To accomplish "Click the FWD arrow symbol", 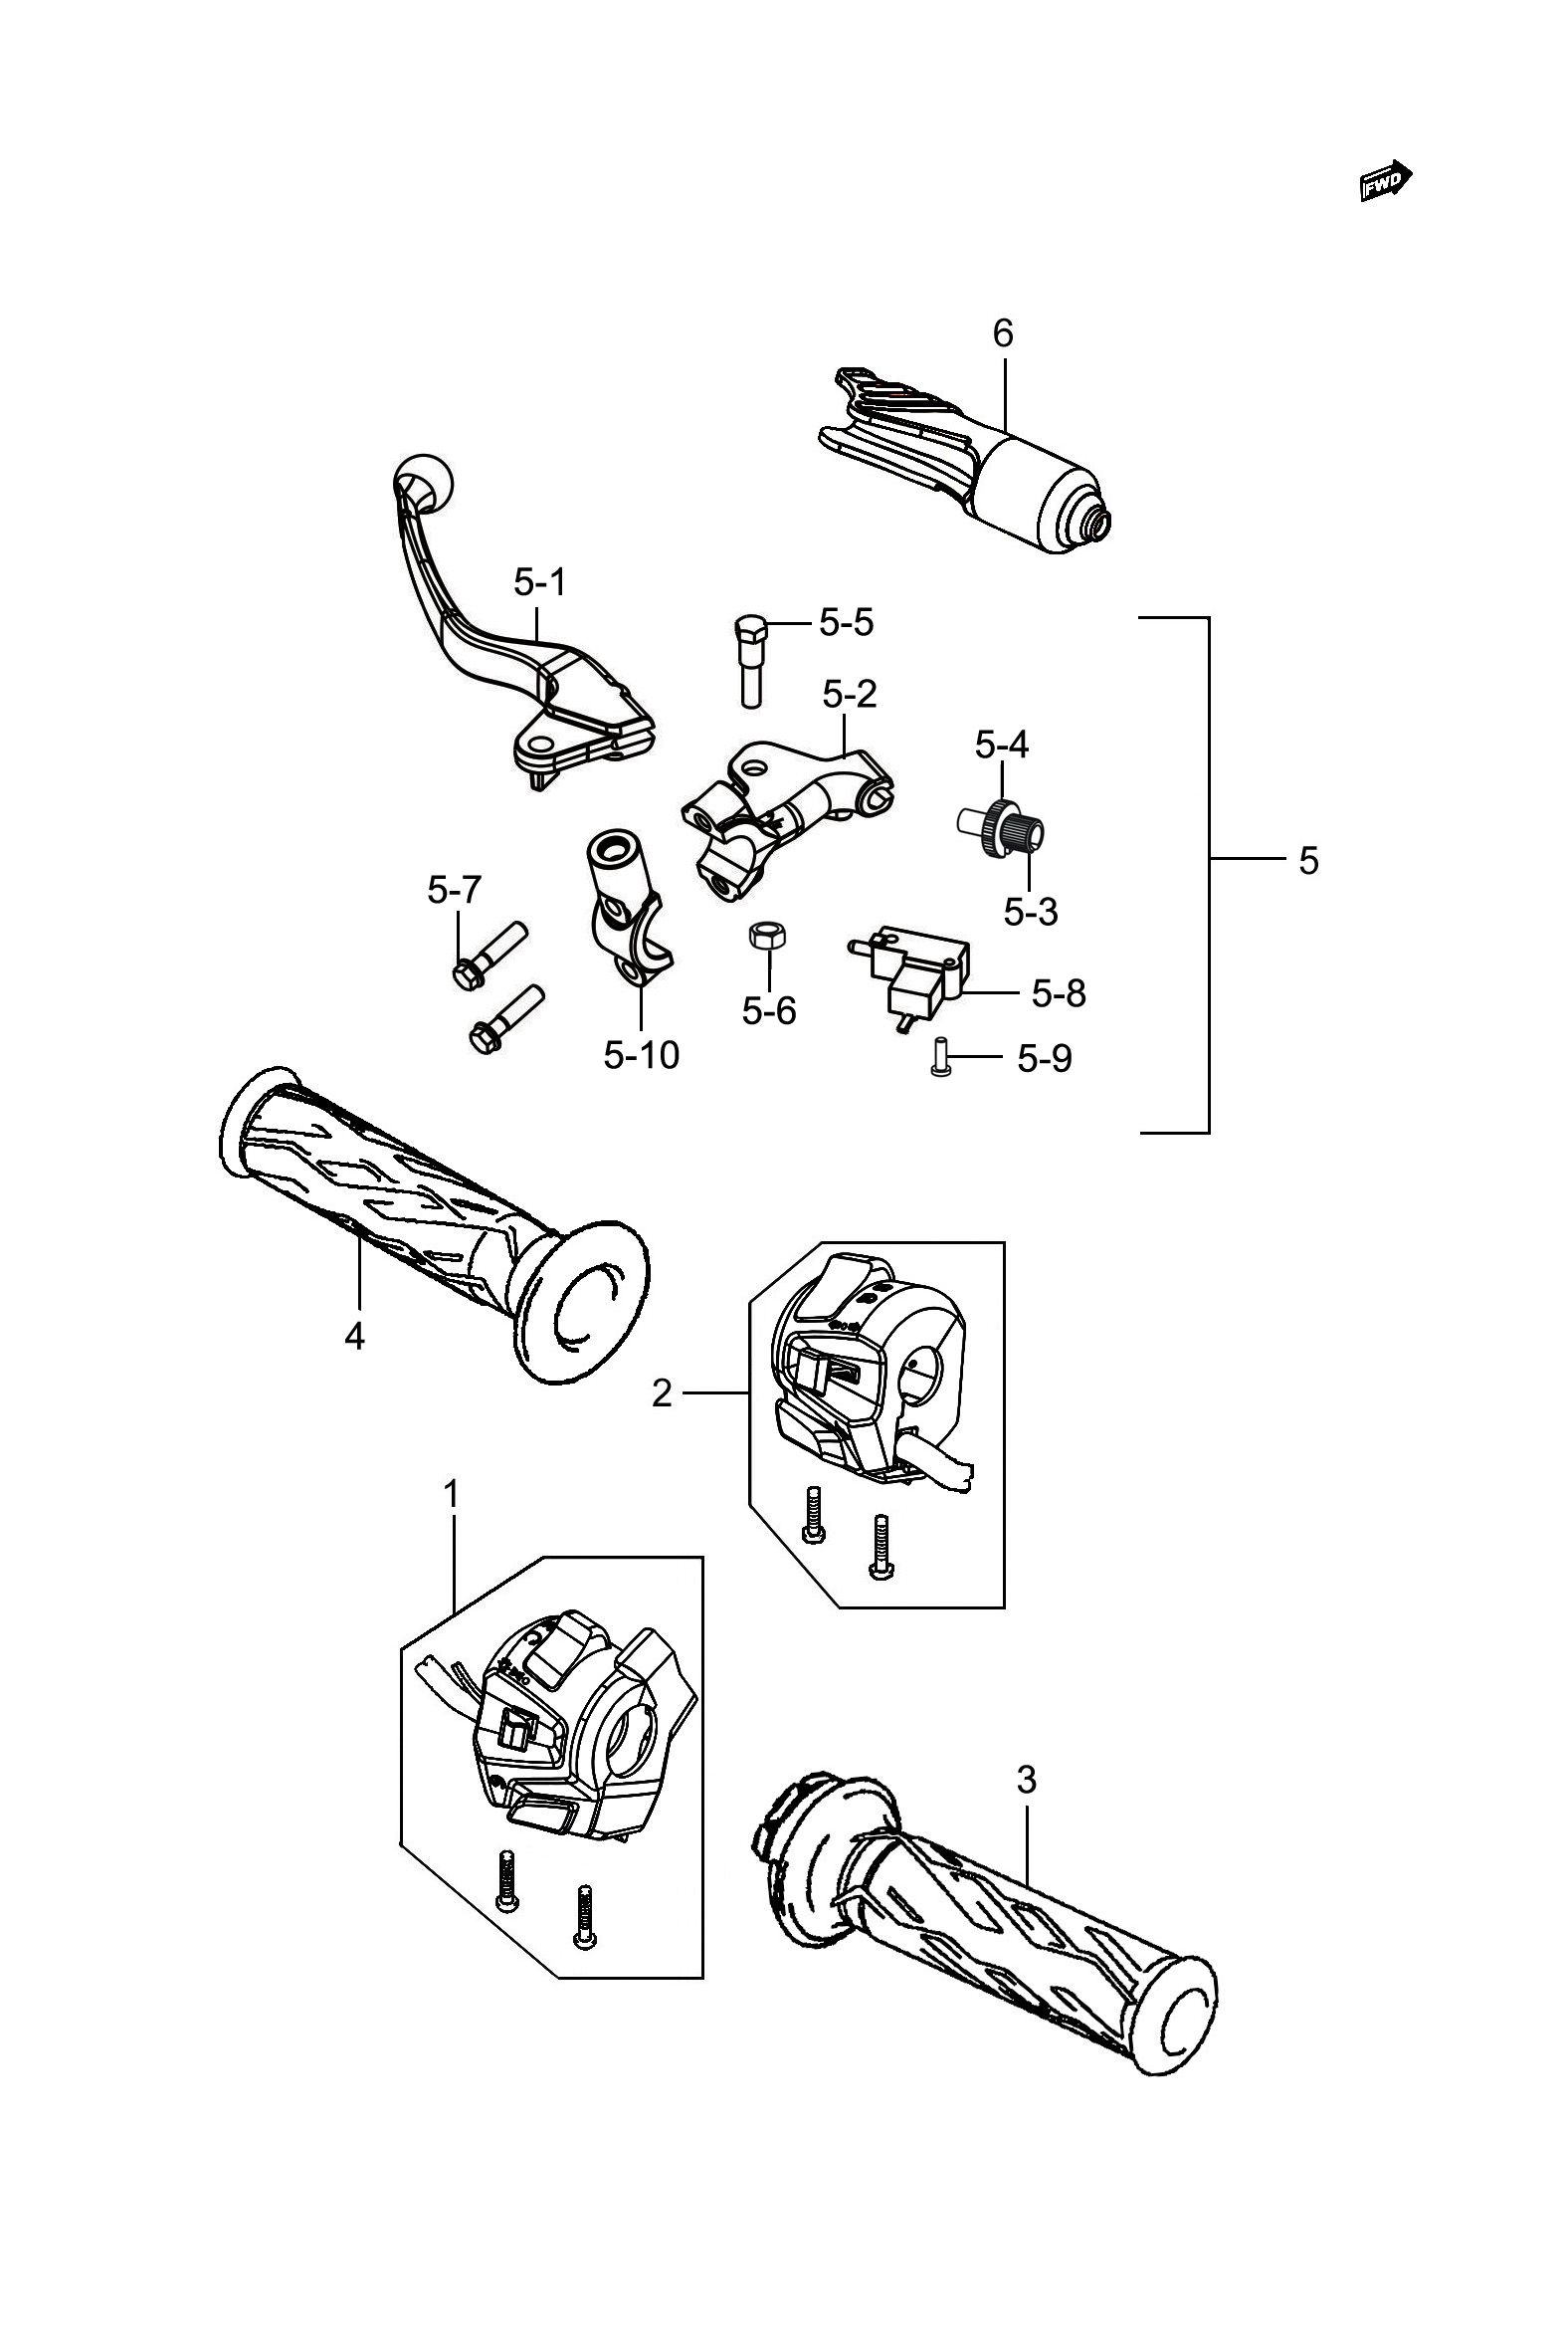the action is point(1386,181).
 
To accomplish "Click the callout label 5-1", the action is point(539,581).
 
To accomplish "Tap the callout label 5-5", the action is point(847,622).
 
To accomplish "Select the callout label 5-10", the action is point(641,1054).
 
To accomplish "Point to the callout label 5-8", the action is point(1059,992).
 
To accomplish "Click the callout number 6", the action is point(1002,332).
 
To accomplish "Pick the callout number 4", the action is point(355,1336).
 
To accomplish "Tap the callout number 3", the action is point(1027,1781).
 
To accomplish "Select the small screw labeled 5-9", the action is point(939,1057).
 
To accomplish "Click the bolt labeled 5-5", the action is point(748,661).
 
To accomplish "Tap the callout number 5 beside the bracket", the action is point(1308,861).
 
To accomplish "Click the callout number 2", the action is point(662,1392).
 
